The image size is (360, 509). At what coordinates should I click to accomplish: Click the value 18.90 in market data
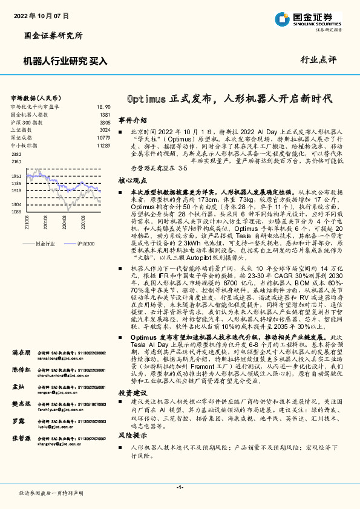tap(103, 106)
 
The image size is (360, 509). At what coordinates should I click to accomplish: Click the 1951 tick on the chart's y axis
tap(16, 176)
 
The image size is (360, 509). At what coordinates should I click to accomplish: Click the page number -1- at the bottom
tap(180, 487)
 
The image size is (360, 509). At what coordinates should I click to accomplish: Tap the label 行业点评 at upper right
tap(318, 60)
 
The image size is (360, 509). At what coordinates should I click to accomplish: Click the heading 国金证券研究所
tap(53, 36)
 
